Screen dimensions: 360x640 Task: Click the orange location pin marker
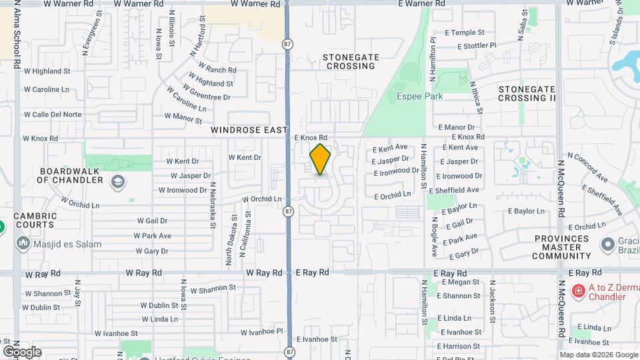click(x=320, y=159)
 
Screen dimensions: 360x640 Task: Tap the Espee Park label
click(x=420, y=96)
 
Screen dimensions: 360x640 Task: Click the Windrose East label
click(x=249, y=130)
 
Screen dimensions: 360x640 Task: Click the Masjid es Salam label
click(x=67, y=244)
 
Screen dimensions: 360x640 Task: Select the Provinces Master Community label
click(x=562, y=247)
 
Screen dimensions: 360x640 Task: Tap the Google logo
click(x=21, y=351)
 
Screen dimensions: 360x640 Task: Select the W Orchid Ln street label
click(x=261, y=199)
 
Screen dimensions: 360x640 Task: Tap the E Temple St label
click(x=465, y=32)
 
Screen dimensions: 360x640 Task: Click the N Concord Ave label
click(x=592, y=169)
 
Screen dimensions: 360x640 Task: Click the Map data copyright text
click(x=598, y=355)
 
